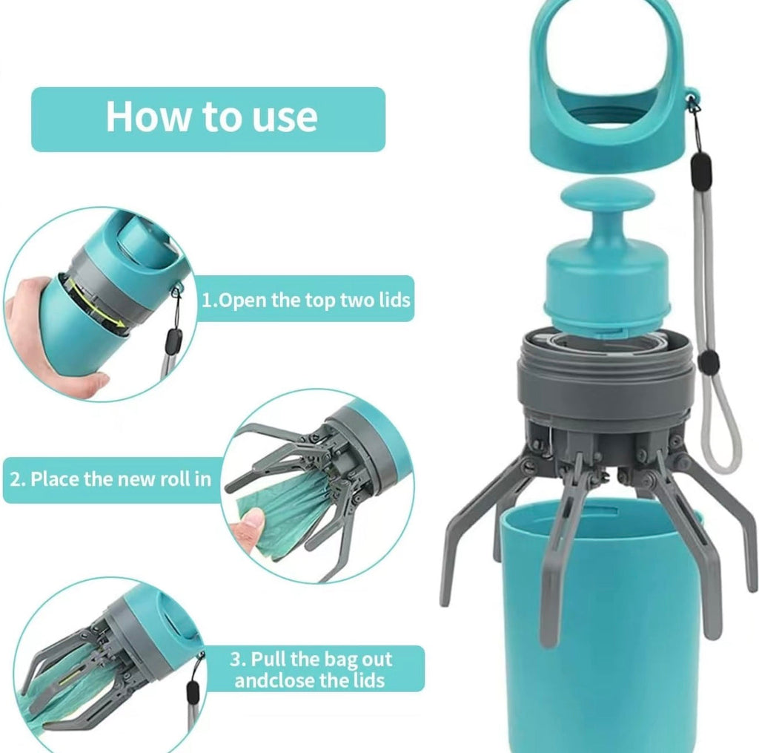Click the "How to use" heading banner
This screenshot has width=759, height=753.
[x=208, y=119]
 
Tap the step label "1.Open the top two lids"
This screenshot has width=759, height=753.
[x=305, y=300]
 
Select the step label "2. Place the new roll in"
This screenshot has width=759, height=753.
[x=110, y=479]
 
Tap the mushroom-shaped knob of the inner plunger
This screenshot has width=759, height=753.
[x=608, y=200]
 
